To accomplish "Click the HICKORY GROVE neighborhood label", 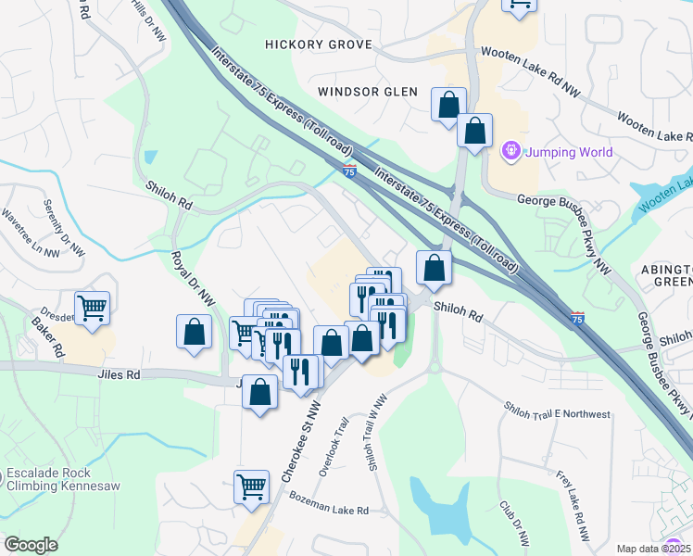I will (319, 44).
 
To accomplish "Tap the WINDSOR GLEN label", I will (368, 92).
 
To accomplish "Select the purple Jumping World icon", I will (510, 150).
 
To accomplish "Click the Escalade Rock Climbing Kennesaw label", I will (63, 478).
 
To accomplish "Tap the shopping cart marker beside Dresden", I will (93, 308).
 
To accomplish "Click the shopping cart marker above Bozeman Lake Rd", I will (252, 486).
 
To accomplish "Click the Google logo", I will (31, 544).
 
